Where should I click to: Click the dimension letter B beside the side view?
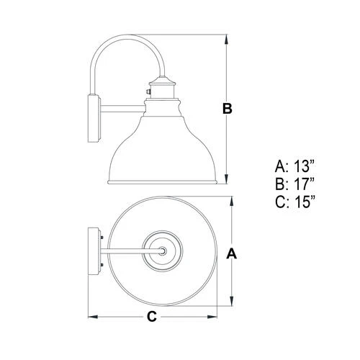[228, 109]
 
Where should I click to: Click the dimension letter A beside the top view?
[231, 253]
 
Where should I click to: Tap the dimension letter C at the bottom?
[152, 316]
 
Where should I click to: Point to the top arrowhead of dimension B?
[228, 36]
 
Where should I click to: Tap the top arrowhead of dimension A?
[231, 200]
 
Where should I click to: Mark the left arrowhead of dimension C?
[91, 316]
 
